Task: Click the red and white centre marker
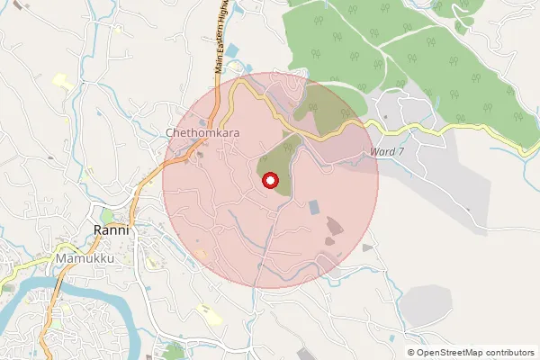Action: click(269, 181)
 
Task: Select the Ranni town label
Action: click(112, 230)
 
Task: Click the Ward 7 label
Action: click(387, 152)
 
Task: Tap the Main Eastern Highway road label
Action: click(219, 36)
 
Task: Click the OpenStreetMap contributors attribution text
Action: click(470, 352)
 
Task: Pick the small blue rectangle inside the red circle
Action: click(313, 207)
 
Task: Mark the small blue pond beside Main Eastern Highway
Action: click(233, 49)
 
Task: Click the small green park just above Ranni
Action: click(107, 217)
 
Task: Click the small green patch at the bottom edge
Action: click(174, 351)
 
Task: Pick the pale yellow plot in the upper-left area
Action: click(61, 81)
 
